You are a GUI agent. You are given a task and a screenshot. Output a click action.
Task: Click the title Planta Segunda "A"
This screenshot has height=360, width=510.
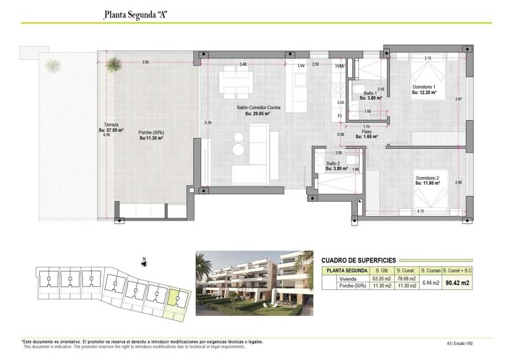[x=137, y=14]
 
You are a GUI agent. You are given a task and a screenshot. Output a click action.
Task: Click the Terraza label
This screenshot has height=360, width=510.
[x=111, y=128]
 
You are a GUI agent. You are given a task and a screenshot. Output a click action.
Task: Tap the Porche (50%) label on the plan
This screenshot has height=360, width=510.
[x=151, y=134]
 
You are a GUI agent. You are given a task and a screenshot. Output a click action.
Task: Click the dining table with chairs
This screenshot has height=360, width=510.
[x=237, y=80]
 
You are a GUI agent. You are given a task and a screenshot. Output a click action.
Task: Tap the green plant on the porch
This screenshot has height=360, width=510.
[x=112, y=66]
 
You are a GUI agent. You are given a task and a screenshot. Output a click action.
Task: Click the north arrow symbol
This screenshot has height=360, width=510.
[x=145, y=262]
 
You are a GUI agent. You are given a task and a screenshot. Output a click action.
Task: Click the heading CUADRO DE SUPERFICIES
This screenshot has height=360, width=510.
[x=358, y=260]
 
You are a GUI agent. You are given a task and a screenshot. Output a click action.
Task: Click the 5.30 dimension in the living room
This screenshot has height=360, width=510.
[x=208, y=123]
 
